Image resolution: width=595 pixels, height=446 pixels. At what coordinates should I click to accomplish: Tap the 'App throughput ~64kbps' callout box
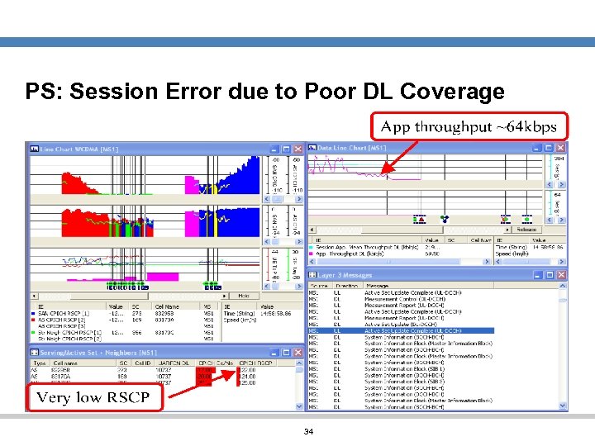coord(469,127)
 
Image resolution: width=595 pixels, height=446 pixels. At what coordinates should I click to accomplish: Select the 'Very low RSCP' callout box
coord(93,397)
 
